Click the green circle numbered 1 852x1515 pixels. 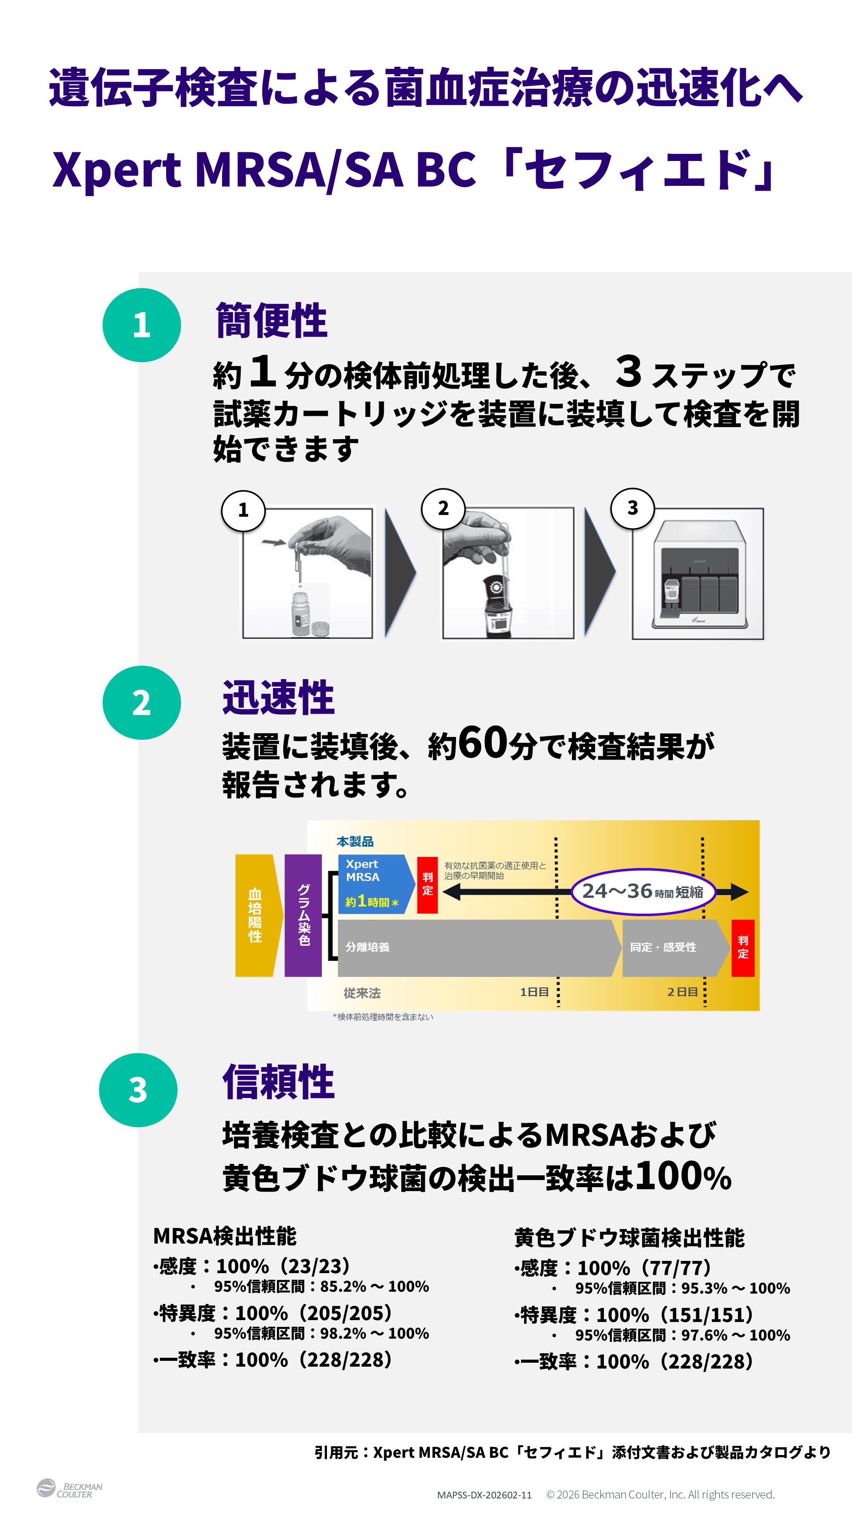click(x=142, y=325)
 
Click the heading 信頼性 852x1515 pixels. click(x=278, y=1082)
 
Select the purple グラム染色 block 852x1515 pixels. click(x=303, y=915)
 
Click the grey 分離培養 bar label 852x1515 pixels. click(x=368, y=947)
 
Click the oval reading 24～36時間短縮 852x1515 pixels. click(x=643, y=892)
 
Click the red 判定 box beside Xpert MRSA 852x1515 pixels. click(x=428, y=885)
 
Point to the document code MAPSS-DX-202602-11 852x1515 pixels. click(x=484, y=1495)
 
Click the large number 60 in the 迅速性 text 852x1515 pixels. click(x=483, y=743)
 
